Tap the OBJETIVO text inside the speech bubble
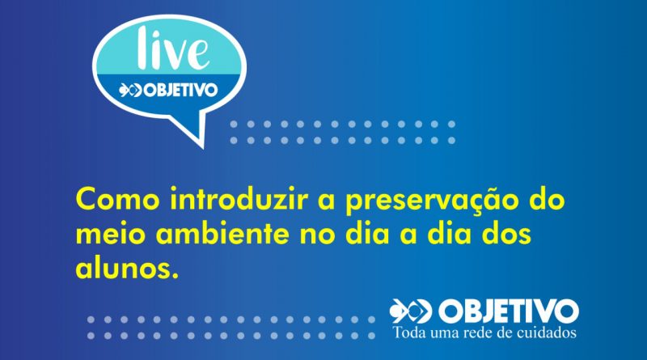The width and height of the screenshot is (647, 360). (x=180, y=90)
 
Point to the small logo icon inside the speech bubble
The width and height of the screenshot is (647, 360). (x=130, y=90)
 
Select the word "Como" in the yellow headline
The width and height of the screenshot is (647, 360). (x=117, y=199)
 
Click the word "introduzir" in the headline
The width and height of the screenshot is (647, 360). (x=239, y=198)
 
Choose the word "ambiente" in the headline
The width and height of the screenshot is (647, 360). (x=223, y=233)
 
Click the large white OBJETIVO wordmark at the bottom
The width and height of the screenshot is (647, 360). (x=509, y=311)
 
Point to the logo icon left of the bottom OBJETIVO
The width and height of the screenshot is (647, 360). (x=411, y=311)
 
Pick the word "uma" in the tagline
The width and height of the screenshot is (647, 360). (x=445, y=333)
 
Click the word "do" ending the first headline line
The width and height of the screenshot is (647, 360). (x=548, y=198)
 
